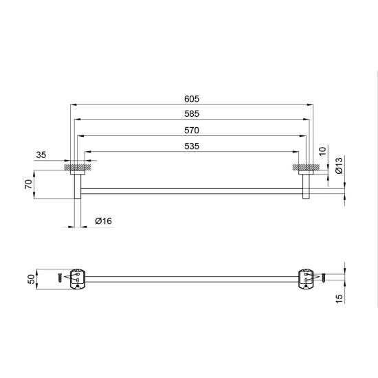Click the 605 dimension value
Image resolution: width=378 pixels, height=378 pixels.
pyautogui.click(x=192, y=99)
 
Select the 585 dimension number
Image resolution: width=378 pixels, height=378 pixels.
pyautogui.click(x=192, y=114)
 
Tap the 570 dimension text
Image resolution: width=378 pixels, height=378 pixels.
pyautogui.click(x=192, y=131)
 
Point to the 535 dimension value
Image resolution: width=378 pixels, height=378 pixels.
pyautogui.click(x=192, y=146)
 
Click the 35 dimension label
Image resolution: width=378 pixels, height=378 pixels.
pyautogui.click(x=41, y=155)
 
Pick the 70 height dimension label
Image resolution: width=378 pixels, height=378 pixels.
pyautogui.click(x=28, y=184)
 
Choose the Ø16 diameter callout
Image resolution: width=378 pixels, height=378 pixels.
pyautogui.click(x=103, y=221)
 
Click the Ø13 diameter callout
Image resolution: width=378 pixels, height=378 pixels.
pyautogui.click(x=339, y=166)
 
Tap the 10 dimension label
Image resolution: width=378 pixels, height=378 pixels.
pyautogui.click(x=322, y=151)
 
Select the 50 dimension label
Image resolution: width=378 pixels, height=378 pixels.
pyautogui.click(x=32, y=279)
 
